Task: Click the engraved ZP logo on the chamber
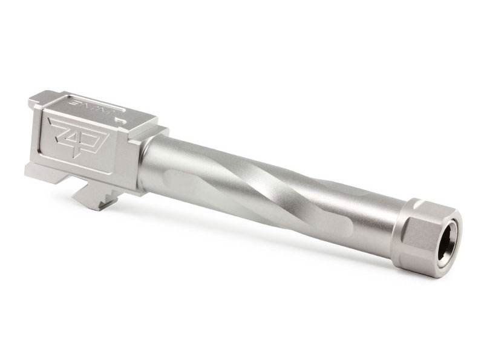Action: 77,136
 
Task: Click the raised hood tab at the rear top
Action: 36,98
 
